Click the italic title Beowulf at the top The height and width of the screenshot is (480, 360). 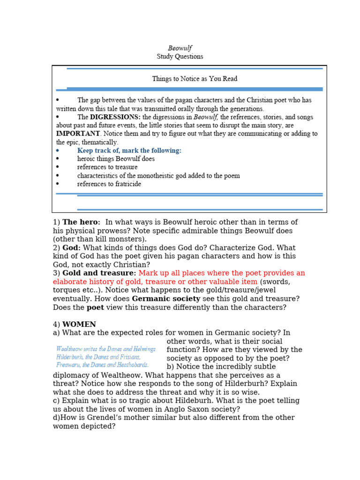point(180,48)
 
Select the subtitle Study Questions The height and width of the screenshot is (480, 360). point(180,57)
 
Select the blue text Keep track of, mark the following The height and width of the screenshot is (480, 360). point(129,150)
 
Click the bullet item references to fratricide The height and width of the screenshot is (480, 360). point(109,184)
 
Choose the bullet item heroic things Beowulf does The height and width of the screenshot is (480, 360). point(116,159)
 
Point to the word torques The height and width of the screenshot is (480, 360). point(67,290)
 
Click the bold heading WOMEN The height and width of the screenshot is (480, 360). point(79,324)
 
